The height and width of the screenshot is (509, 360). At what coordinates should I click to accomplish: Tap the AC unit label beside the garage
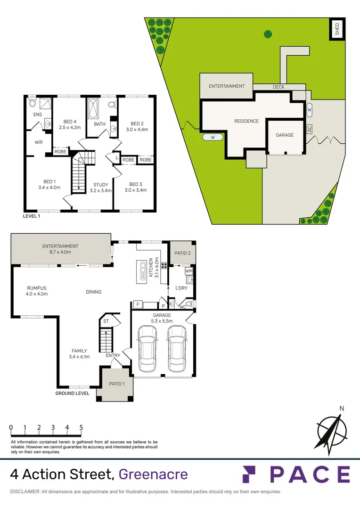tap(310, 128)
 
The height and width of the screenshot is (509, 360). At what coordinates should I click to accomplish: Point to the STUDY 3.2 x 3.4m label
tap(100, 188)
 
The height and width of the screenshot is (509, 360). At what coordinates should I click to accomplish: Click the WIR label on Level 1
tap(39, 142)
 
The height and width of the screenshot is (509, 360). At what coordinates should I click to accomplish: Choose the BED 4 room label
tap(66, 124)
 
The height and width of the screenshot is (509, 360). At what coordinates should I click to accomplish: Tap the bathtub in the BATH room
tap(92, 109)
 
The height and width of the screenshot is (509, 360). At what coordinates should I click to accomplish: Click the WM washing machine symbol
tap(188, 271)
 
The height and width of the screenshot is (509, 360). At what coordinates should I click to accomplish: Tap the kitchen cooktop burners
tap(164, 265)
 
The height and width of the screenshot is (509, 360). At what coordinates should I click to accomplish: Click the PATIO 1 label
tap(115, 384)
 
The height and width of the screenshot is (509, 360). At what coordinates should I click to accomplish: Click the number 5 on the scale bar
tap(81, 427)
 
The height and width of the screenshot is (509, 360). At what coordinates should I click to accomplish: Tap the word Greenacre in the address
tap(153, 474)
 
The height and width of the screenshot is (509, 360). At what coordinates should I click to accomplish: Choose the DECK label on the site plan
tap(278, 87)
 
